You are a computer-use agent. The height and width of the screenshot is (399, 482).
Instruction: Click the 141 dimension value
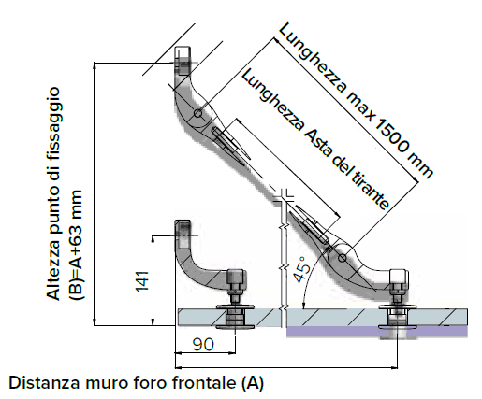[141, 281]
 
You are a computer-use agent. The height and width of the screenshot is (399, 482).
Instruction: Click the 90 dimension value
[203, 344]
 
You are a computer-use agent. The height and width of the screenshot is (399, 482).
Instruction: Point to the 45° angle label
[302, 270]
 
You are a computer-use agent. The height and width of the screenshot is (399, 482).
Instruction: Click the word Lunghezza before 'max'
[313, 58]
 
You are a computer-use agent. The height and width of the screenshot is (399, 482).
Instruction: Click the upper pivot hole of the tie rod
[197, 113]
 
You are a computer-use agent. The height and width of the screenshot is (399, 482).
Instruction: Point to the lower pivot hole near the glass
[343, 258]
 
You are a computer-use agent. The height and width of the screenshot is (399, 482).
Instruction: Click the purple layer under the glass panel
[377, 332]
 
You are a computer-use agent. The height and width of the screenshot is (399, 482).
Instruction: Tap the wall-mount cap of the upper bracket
[183, 61]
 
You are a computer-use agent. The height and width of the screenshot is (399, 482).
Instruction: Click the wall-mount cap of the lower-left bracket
[183, 234]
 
